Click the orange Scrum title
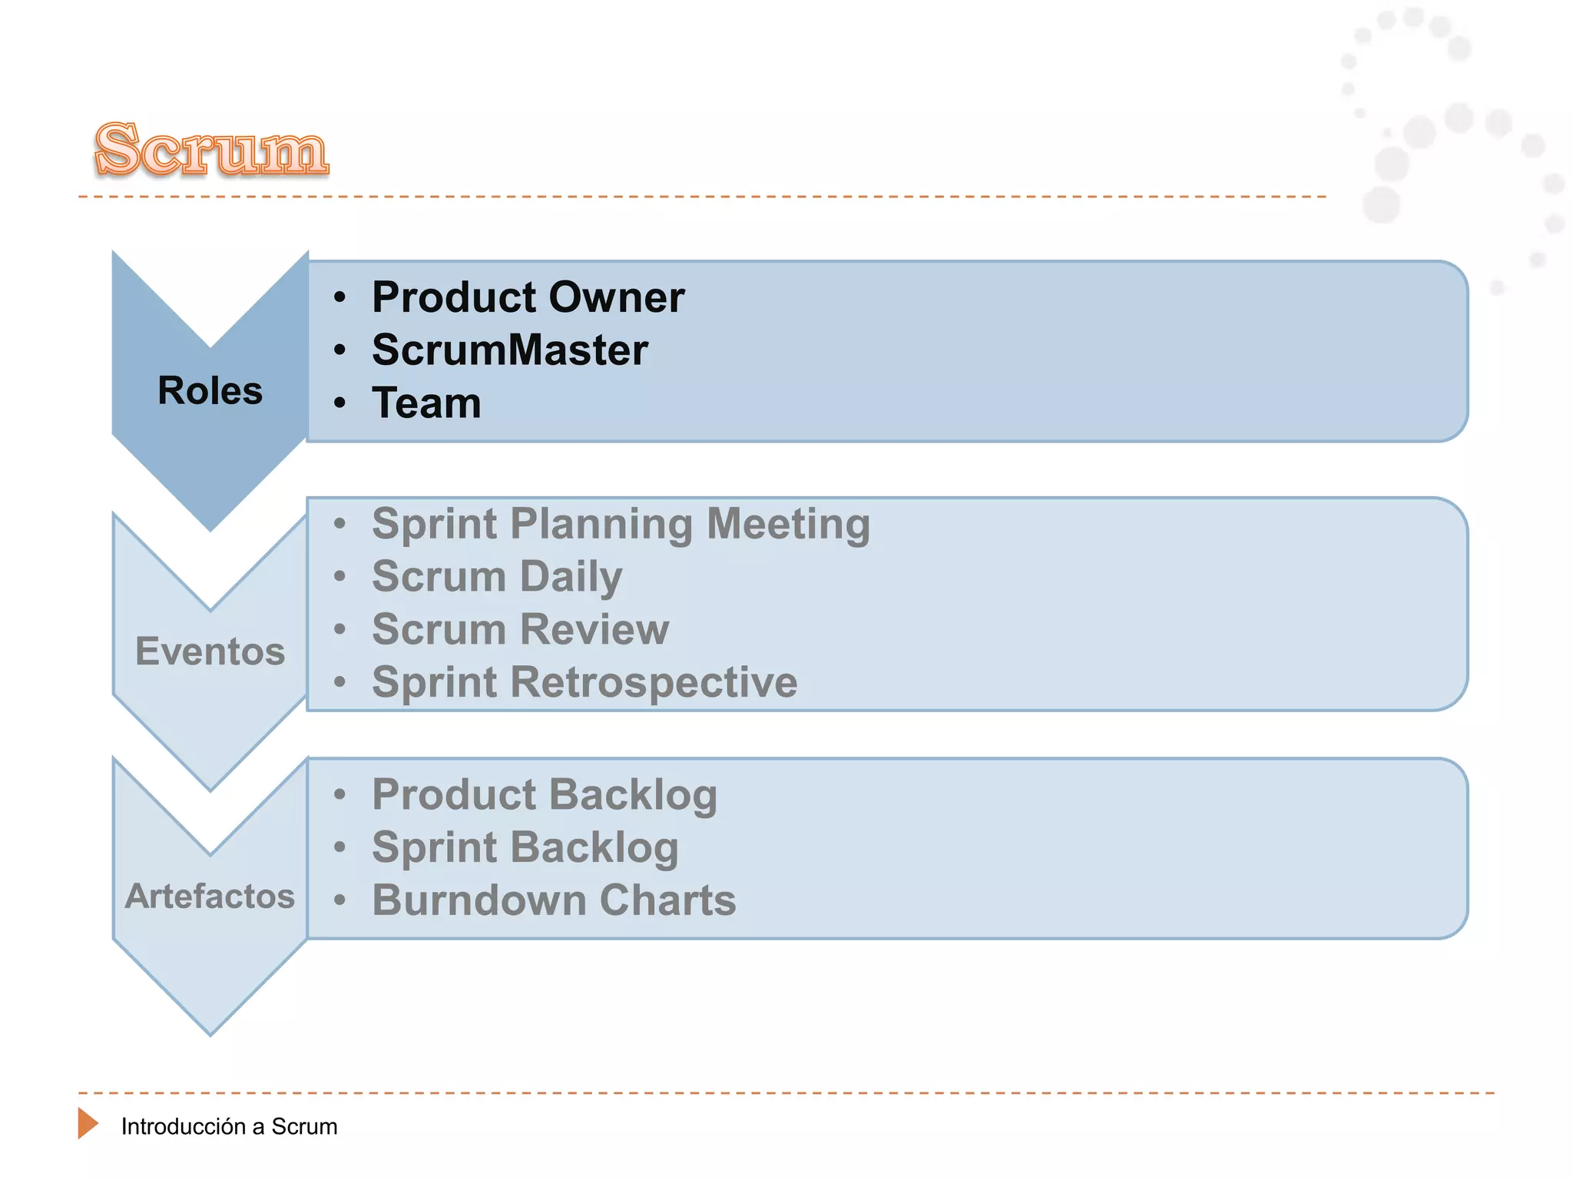211,150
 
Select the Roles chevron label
210,390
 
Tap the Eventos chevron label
210,651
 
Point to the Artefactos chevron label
210,896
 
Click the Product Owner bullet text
528,297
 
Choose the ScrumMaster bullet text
510,350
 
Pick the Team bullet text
426,403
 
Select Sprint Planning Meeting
621,524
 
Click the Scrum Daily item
497,577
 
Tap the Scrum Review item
520,630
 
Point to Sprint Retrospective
584,682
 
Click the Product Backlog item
545,794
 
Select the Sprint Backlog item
525,847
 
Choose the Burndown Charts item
554,900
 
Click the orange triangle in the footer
87,1123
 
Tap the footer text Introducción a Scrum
229,1126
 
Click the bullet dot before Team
340,403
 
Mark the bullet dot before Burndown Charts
340,900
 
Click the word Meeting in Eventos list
788,524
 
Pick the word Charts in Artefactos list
667,900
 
